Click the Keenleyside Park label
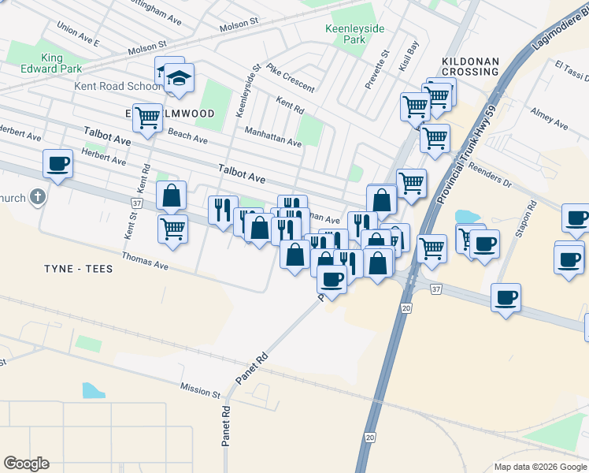click(x=355, y=33)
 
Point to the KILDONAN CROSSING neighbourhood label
click(x=471, y=66)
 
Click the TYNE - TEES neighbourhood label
click(x=78, y=269)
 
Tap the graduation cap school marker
click(x=180, y=78)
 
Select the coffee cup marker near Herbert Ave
click(x=58, y=165)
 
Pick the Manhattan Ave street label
click(x=272, y=137)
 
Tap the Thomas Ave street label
click(x=145, y=261)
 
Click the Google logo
click(x=26, y=464)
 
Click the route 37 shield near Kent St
click(x=137, y=203)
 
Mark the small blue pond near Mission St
click(x=92, y=390)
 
